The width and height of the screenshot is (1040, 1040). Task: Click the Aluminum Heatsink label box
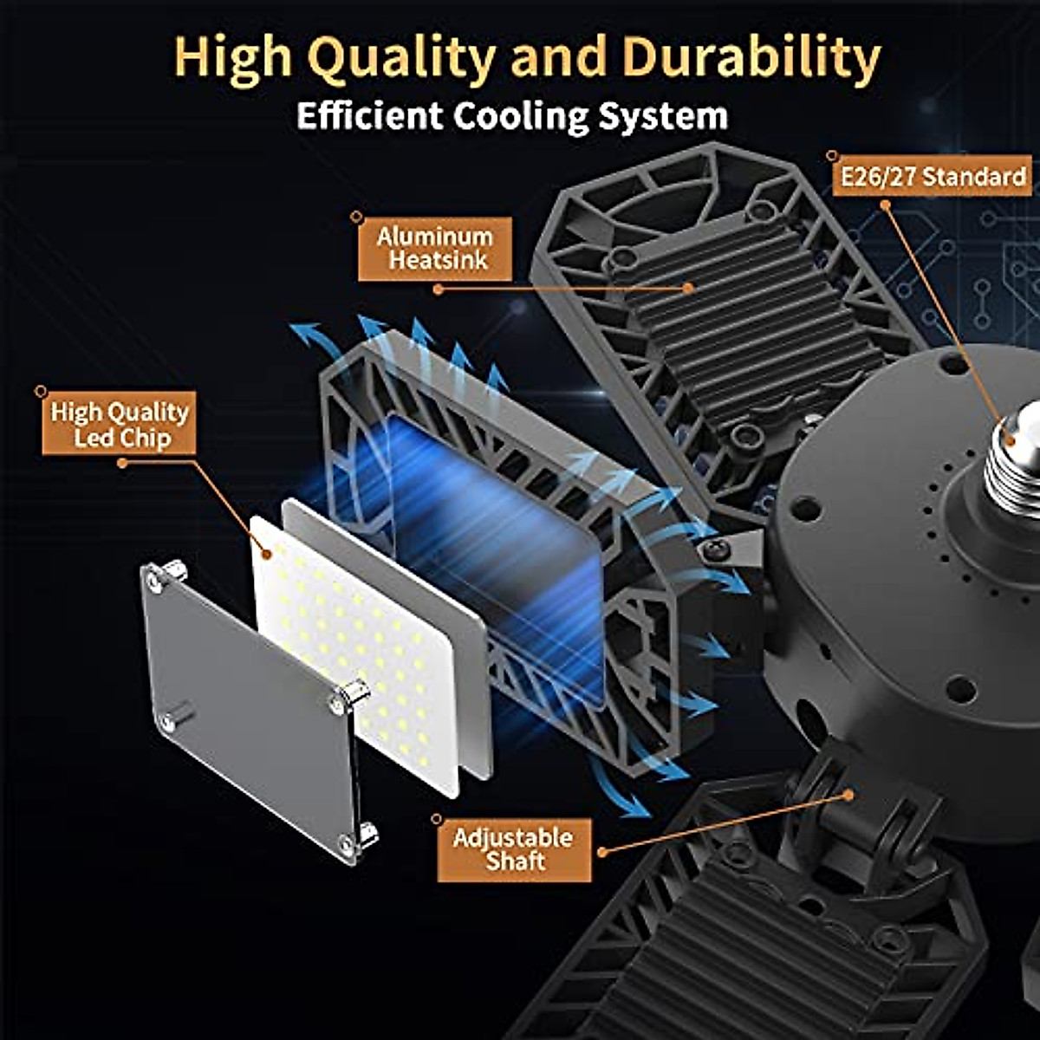(x=435, y=248)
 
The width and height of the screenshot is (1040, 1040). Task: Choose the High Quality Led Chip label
(x=119, y=424)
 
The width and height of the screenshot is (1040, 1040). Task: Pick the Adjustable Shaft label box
(x=514, y=849)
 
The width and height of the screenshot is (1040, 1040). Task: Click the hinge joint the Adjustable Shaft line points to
(x=845, y=793)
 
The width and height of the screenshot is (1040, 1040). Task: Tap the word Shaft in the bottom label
(x=516, y=861)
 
